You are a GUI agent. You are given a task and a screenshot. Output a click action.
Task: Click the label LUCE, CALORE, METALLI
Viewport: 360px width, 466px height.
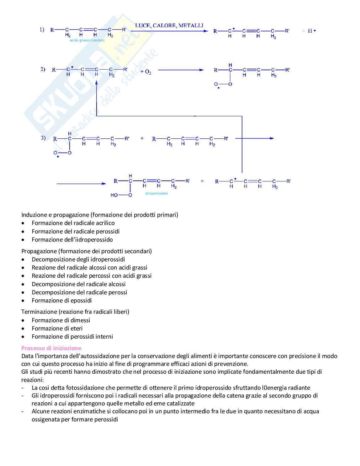pos(169,25)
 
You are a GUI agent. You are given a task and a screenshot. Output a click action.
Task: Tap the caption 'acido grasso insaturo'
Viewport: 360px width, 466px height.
pos(87,40)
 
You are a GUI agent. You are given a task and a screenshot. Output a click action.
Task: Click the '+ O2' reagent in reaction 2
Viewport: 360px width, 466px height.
pos(146,72)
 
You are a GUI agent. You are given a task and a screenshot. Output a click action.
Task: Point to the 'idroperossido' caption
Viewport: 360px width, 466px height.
pos(156,193)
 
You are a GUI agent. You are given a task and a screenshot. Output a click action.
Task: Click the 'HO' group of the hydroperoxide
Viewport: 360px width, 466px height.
pos(114,195)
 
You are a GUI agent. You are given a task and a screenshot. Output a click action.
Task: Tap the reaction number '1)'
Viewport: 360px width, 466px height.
pos(42,30)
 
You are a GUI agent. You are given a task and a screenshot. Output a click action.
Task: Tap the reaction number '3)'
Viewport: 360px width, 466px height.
pos(43,138)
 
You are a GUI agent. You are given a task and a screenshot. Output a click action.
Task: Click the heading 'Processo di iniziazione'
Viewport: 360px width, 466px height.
pos(51,348)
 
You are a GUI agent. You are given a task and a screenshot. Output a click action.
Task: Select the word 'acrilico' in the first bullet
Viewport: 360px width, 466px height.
pos(104,223)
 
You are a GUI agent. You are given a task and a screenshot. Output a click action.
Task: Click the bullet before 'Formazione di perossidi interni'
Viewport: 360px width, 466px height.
pos(23,337)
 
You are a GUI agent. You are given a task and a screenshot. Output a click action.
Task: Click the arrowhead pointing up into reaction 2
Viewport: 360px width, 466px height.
pos(97,82)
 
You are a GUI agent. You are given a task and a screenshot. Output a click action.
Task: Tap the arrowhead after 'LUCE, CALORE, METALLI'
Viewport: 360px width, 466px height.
pos(206,31)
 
